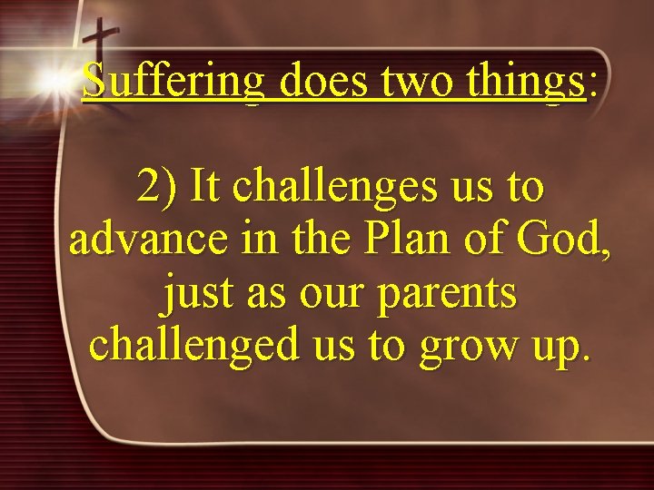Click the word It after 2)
[x=207, y=186]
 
